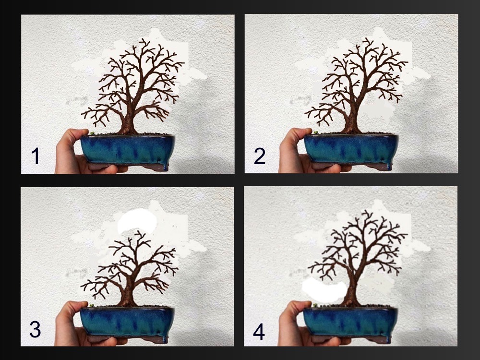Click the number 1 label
tap(36, 156)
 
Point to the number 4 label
tap(259, 333)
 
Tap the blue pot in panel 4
tap(351, 324)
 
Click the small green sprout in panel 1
tap(92, 133)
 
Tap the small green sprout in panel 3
tap(91, 305)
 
